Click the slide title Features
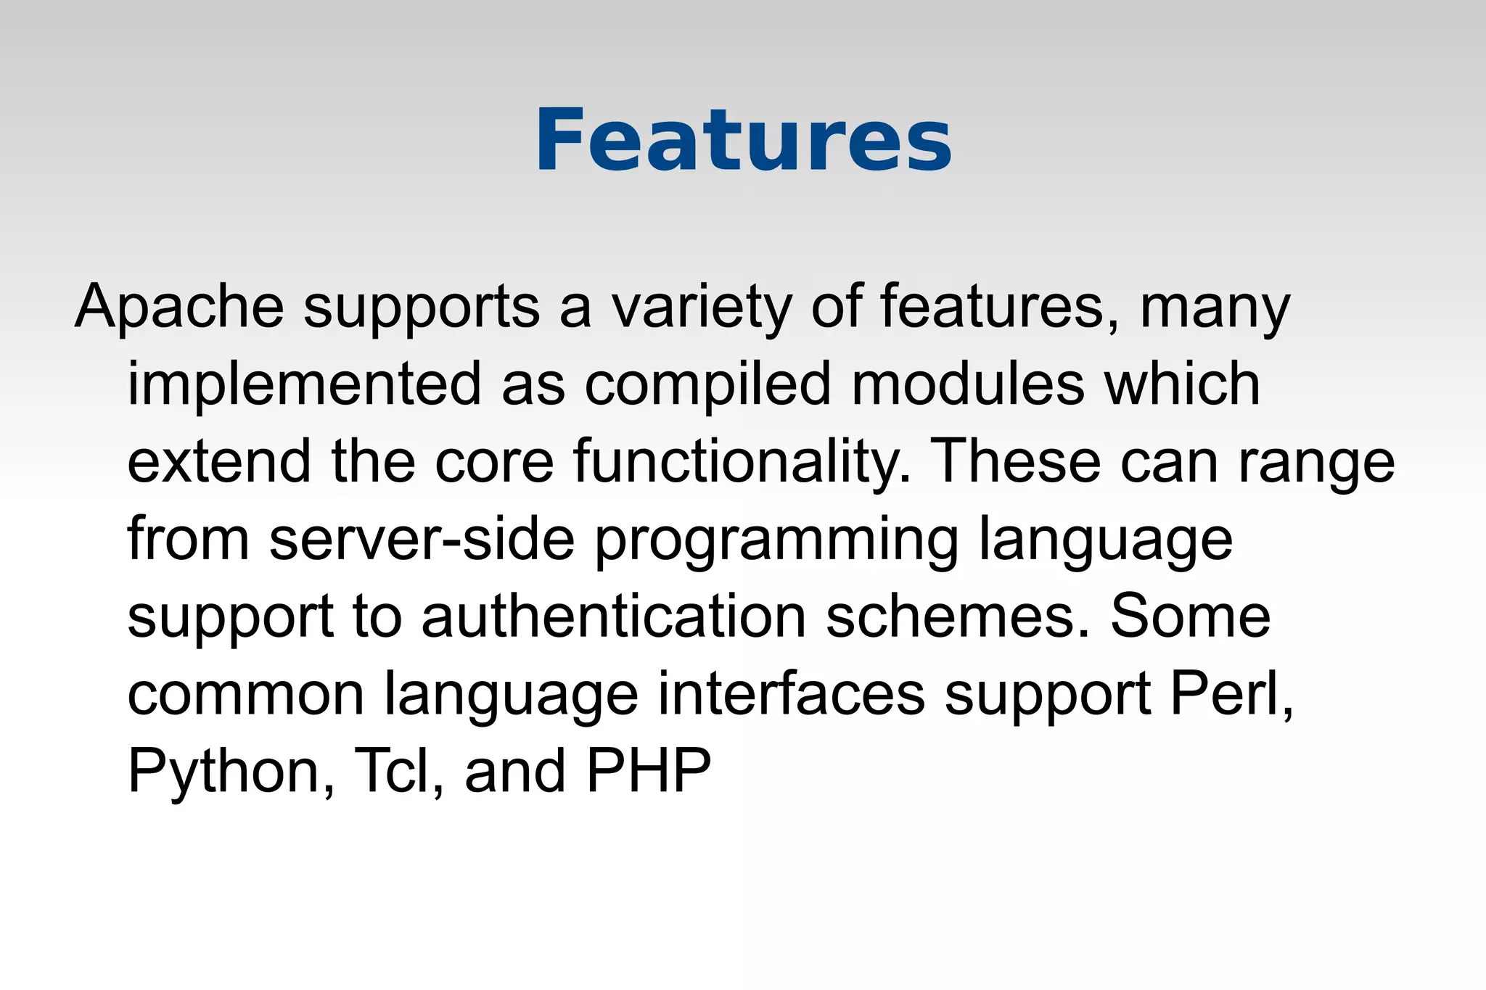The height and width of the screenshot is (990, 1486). coord(743,141)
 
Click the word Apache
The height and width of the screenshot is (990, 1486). coord(179,307)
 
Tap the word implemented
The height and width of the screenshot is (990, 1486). coord(305,385)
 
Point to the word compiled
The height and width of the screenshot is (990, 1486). coord(707,385)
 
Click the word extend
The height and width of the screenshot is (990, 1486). coord(219,461)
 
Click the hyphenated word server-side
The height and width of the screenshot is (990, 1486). coord(422,539)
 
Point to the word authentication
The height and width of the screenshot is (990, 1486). coord(614,616)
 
